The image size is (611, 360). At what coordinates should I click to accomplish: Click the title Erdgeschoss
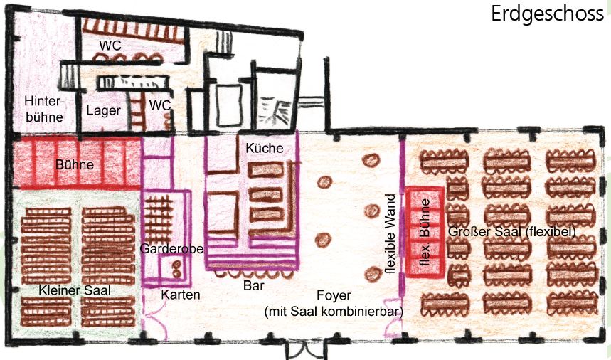pos(547,14)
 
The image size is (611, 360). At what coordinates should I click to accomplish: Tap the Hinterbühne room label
pos(44,109)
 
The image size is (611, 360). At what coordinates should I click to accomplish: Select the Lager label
pos(103,111)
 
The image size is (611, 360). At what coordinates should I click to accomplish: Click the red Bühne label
pos(75,164)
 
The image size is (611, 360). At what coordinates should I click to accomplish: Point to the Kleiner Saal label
pos(75,290)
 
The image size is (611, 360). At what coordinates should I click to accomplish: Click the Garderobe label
pos(171,248)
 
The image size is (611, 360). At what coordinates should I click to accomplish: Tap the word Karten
pos(181,295)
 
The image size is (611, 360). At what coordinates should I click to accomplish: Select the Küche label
pos(264,148)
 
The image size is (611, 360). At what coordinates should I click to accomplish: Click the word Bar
pos(254,285)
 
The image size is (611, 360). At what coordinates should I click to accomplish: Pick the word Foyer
pos(334,296)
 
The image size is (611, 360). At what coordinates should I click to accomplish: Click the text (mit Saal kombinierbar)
pos(334,312)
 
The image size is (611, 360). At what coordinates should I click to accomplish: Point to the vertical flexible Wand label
pos(390,234)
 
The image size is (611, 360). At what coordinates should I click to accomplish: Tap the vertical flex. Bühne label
pos(425,233)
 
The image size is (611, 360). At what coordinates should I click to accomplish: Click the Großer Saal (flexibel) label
pos(511,231)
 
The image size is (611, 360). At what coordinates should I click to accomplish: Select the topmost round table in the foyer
pos(371,160)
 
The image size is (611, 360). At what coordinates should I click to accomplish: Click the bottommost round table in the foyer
pos(373,275)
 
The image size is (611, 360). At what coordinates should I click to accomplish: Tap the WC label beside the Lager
pos(160,105)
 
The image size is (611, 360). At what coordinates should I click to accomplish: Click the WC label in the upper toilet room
pos(110,46)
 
